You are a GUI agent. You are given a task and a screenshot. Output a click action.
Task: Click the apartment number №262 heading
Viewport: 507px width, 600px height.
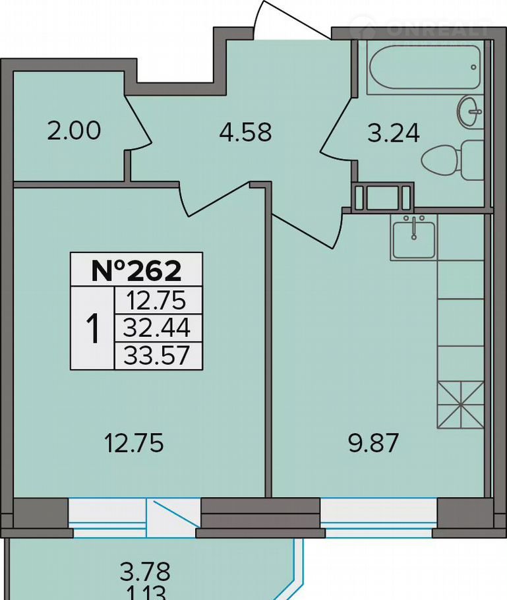point(136,270)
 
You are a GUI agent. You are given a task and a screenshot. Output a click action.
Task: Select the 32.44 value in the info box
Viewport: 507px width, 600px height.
point(158,328)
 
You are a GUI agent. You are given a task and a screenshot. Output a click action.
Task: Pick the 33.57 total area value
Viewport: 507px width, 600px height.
point(158,355)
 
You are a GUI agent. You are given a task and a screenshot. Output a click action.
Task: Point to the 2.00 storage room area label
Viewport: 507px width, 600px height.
point(75,130)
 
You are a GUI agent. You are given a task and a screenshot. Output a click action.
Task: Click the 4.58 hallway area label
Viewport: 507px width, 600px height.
point(246,132)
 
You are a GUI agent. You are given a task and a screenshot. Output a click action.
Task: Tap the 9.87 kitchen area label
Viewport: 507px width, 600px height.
point(373,443)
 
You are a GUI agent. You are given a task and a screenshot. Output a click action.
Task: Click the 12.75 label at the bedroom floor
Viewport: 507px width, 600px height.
point(134,443)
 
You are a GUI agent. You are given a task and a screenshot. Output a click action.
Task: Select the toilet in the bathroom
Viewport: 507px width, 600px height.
point(453,160)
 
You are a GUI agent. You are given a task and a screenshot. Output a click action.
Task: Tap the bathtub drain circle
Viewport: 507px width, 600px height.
point(474,67)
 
